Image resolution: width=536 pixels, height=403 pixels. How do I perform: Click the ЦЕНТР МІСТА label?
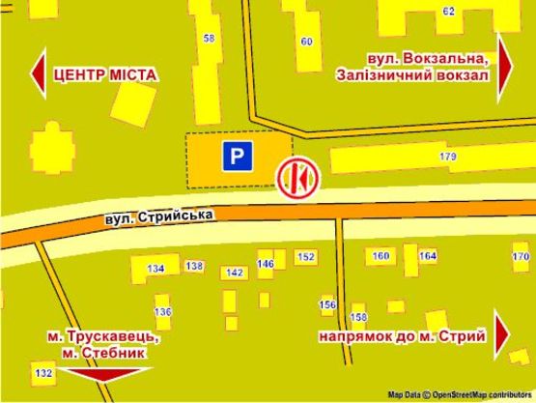coord(105,74)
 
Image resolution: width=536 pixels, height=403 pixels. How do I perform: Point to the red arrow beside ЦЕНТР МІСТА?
coord(38,74)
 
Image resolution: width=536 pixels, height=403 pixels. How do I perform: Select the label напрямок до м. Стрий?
coord(400,335)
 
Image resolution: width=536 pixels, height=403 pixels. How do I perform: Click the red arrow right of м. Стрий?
coord(503,334)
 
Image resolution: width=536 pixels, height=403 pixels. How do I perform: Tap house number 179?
coord(447,155)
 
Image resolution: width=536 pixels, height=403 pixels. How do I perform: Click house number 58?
coord(210,39)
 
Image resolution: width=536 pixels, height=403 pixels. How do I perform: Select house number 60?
coord(306,41)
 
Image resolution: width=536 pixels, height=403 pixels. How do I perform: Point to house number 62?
coord(448,11)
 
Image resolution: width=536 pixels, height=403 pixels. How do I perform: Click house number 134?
coord(155,268)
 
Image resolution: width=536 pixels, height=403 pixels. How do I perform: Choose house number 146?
coord(266,263)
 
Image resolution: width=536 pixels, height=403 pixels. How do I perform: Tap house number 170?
coord(521,256)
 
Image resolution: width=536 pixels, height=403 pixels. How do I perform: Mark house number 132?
coord(42,373)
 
